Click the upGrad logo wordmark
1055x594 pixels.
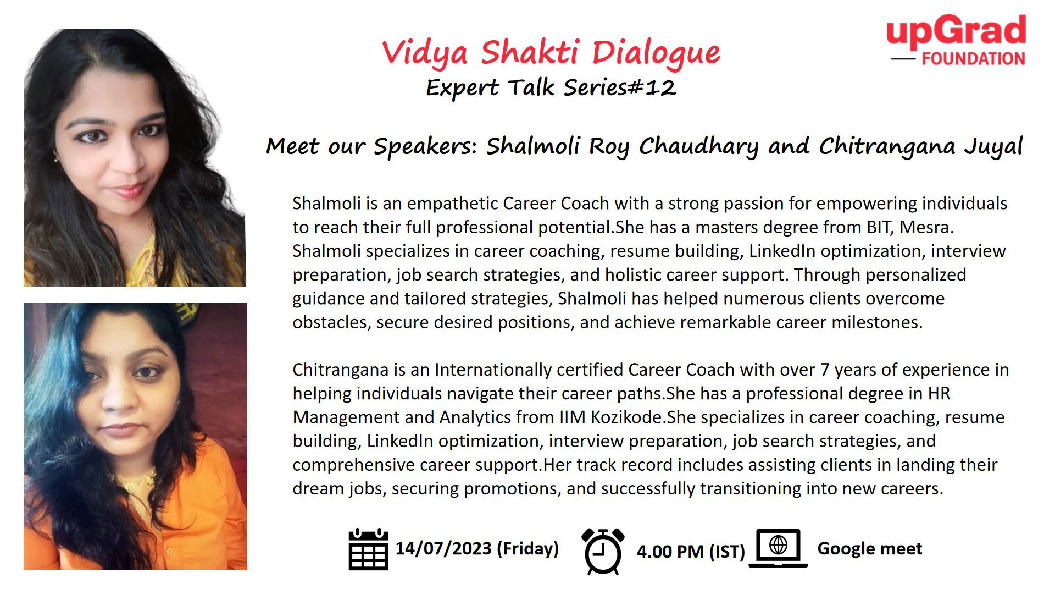[956, 32]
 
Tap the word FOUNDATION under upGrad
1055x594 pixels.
[973, 59]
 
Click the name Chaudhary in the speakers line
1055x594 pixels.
[698, 147]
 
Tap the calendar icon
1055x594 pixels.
[368, 549]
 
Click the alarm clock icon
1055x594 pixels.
[603, 551]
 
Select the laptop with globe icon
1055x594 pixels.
[778, 548]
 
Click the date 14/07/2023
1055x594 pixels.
[443, 548]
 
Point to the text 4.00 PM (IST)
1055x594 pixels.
[691, 551]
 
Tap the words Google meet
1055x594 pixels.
[870, 548]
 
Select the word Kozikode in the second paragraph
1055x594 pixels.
[626, 417]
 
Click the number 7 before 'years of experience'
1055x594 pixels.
[824, 370]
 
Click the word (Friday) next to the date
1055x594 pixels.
[527, 548]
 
